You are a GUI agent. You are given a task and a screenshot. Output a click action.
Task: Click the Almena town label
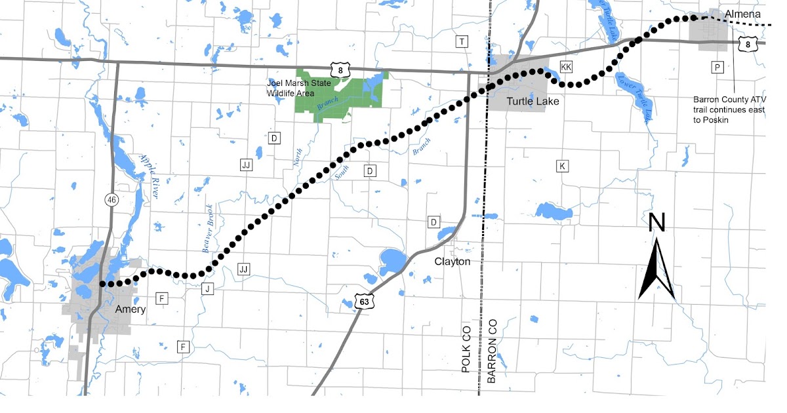click(x=743, y=14)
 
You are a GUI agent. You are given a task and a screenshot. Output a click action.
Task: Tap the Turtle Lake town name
click(x=533, y=102)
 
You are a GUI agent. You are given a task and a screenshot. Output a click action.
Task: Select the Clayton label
click(x=453, y=261)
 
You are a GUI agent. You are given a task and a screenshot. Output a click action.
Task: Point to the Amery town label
click(x=130, y=309)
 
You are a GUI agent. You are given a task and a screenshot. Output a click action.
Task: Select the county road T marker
click(x=462, y=42)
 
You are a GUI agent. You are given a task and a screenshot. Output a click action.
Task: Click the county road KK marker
click(x=567, y=68)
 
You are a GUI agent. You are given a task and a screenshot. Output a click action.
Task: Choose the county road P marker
click(x=717, y=68)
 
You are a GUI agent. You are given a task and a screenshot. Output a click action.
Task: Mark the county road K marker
click(x=561, y=166)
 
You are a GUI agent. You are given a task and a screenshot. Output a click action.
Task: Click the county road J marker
click(x=208, y=288)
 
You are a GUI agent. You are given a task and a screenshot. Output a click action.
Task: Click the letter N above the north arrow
click(x=656, y=223)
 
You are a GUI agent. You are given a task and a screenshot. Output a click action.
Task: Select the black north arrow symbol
click(x=656, y=270)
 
